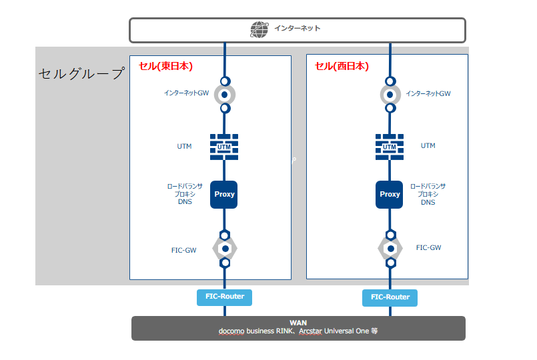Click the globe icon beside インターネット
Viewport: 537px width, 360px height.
258,29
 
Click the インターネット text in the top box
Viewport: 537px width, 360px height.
297,29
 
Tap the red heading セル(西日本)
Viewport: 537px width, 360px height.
342,66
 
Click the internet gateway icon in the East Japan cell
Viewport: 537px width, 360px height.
225,94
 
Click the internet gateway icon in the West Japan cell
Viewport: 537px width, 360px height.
390,94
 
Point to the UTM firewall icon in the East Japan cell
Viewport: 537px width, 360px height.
224,146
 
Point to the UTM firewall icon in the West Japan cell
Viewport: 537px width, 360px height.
390,146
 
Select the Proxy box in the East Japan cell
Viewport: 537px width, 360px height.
224,195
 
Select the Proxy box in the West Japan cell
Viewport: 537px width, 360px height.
390,195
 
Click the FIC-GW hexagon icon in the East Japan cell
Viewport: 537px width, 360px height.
225,249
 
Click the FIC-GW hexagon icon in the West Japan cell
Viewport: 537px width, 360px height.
390,249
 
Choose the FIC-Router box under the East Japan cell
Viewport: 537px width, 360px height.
225,297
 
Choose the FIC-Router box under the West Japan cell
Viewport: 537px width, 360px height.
390,297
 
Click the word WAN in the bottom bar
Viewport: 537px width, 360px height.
298,323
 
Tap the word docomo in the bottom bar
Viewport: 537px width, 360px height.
231,331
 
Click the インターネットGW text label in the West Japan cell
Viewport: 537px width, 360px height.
428,94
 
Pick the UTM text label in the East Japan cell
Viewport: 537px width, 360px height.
184,147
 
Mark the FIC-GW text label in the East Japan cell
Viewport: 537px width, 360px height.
183,251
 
